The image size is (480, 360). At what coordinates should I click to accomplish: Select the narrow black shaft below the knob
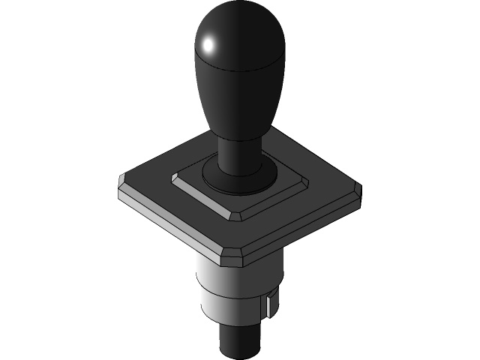pyautogui.click(x=239, y=154)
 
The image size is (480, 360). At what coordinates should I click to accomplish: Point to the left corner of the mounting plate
pyautogui.click(x=122, y=181)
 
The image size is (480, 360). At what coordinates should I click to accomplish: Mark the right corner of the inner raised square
pyautogui.click(x=305, y=180)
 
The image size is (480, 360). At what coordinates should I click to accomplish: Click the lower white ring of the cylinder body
pyautogui.click(x=232, y=307)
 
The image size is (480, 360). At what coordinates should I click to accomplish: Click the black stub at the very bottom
pyautogui.click(x=239, y=341)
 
